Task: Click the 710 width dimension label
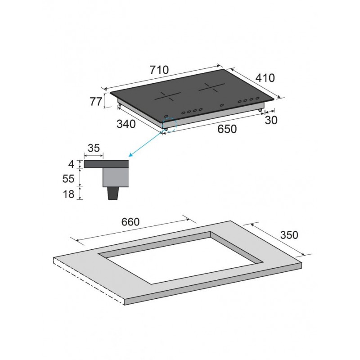tap(159, 70)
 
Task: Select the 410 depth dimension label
tap(265, 78)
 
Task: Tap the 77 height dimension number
tap(95, 102)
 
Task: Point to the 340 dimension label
tap(126, 124)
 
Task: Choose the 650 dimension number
tap(227, 129)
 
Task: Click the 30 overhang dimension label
tap(271, 120)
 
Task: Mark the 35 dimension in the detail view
tap(94, 148)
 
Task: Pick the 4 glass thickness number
tap(72, 164)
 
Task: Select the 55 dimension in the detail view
tap(68, 179)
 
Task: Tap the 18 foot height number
tap(68, 194)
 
